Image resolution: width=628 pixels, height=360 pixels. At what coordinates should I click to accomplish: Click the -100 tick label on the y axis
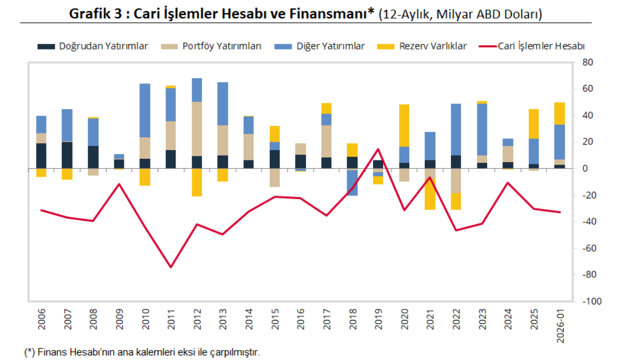coord(590,301)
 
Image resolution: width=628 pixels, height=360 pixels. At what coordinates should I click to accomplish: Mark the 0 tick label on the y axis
coord(585,169)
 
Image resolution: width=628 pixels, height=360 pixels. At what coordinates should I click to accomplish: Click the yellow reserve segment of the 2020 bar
coord(404,125)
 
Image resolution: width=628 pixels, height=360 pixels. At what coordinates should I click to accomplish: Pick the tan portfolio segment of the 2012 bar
coord(197,129)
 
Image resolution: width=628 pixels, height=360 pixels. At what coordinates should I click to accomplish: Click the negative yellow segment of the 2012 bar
coord(197,182)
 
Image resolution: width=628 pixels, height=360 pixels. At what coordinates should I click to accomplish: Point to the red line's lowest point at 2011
coord(171,267)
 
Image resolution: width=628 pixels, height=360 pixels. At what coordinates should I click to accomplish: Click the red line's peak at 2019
coord(378,149)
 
